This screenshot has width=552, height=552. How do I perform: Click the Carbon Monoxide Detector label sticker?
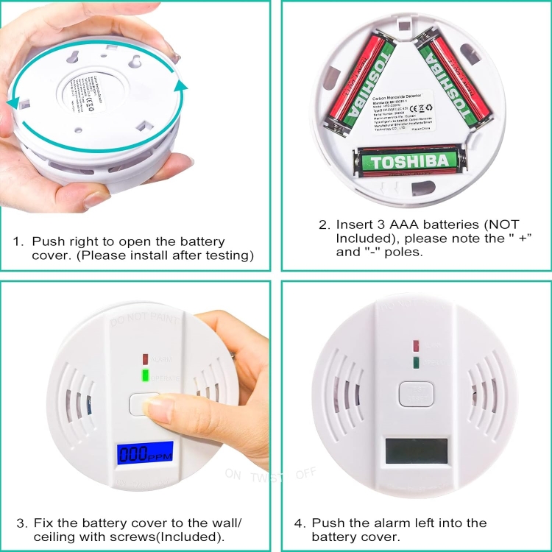click(405, 110)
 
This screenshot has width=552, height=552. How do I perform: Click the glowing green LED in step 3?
click(145, 376)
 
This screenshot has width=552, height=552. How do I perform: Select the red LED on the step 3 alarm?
click(145, 359)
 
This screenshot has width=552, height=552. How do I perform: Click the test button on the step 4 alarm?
click(416, 393)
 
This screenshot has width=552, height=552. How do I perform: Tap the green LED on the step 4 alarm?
click(417, 361)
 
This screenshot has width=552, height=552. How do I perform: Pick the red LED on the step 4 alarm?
click(417, 344)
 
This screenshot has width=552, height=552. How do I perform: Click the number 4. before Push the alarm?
click(300, 523)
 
